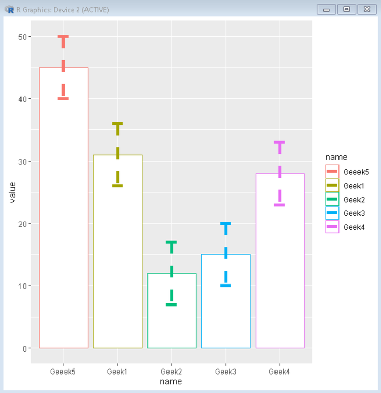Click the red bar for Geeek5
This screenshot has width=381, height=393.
click(63, 215)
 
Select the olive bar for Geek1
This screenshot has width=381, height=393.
click(118, 256)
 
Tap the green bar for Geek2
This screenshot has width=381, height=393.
click(172, 317)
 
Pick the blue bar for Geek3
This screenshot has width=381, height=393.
click(226, 307)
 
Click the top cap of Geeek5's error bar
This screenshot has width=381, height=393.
click(63, 37)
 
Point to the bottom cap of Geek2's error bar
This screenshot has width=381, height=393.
click(172, 304)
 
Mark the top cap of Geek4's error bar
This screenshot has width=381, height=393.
click(280, 142)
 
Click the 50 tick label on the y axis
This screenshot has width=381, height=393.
click(22, 37)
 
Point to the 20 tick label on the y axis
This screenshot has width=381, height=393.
click(22, 224)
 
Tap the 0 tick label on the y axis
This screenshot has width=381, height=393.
click(24, 348)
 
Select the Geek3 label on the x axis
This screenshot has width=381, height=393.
click(226, 372)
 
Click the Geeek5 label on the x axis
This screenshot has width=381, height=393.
click(63, 372)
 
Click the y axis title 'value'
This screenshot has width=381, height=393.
click(13, 192)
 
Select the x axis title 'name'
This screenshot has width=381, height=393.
click(171, 382)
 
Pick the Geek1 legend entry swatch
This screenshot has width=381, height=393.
click(332, 185)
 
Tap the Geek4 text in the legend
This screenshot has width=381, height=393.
click(354, 227)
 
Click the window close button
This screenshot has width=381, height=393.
click(367, 9)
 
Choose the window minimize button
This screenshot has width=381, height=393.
click(326, 9)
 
